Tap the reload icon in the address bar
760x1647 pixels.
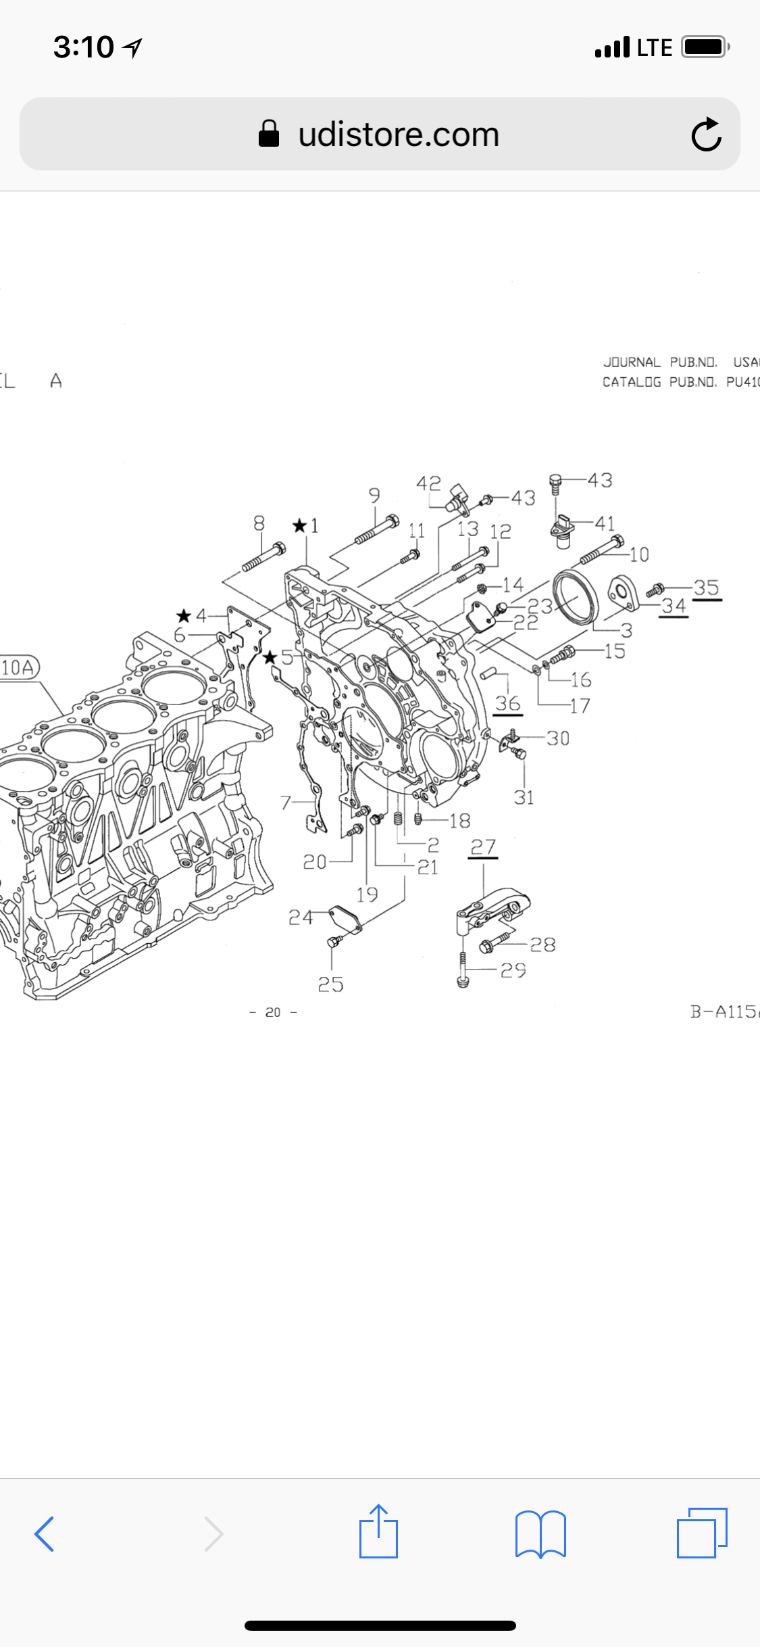[706, 134]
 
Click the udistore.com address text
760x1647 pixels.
[399, 134]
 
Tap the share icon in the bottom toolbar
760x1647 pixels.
[378, 1532]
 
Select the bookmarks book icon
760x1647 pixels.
[540, 1533]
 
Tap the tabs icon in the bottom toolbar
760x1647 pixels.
[701, 1532]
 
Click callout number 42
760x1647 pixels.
[428, 483]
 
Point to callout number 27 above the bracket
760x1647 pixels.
[483, 847]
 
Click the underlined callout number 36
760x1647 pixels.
[507, 703]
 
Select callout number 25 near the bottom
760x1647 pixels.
[330, 984]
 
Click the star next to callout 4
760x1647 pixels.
[184, 615]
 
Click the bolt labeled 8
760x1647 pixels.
[264, 558]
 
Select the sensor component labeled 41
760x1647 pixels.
[562, 531]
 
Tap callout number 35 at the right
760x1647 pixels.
[706, 587]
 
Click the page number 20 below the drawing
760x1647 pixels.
[273, 1012]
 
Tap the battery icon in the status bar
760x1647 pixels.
[704, 47]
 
